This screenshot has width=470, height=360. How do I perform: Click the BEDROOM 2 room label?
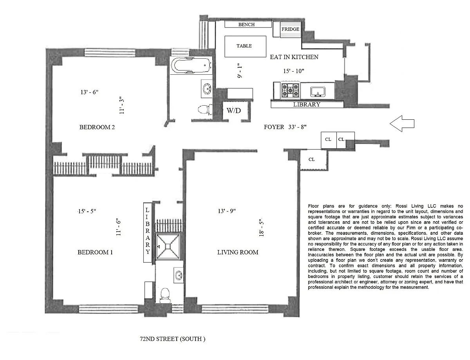coord(97,127)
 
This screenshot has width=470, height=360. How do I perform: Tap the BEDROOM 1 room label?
coord(95,252)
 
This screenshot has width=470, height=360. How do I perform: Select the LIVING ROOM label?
coord(238,252)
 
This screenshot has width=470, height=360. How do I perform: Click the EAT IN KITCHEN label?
coord(294,57)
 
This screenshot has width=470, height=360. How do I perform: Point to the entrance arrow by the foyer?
coord(402,124)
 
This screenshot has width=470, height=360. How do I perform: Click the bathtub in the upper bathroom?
coord(191,65)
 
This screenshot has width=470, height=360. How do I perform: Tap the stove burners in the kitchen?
coord(290,90)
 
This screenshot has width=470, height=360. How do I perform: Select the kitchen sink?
coord(318,92)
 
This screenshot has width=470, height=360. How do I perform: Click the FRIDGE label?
coord(290,29)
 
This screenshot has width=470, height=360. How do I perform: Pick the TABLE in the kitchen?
coord(245,47)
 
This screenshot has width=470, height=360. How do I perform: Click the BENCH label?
coord(246,25)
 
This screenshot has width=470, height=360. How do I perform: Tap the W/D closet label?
coord(233,111)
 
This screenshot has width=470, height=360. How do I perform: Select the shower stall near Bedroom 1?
coord(168,247)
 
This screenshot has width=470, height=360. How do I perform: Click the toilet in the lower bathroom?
coord(165,295)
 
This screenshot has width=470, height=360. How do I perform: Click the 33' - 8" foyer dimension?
coord(297,127)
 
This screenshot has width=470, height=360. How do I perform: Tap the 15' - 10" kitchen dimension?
coord(293,71)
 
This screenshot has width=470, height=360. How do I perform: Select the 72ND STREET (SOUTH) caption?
coord(172,339)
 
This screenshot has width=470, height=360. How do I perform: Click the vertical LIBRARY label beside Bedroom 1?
coord(148,231)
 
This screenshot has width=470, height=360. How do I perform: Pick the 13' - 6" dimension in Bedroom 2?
coord(89,92)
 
